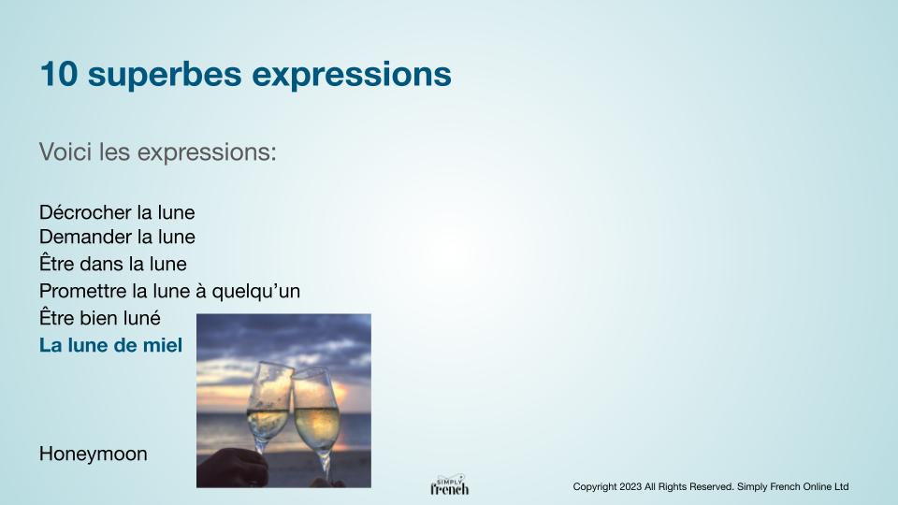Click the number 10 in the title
point(58,75)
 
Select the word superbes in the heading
point(165,75)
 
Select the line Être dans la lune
point(113,264)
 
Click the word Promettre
point(83,291)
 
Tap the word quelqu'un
point(256,292)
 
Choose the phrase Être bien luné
point(100,317)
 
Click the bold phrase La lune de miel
point(110,345)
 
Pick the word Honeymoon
point(94,454)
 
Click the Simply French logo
point(450,485)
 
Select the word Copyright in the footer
point(595,486)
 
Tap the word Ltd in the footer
point(841,486)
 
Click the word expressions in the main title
point(352,75)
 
